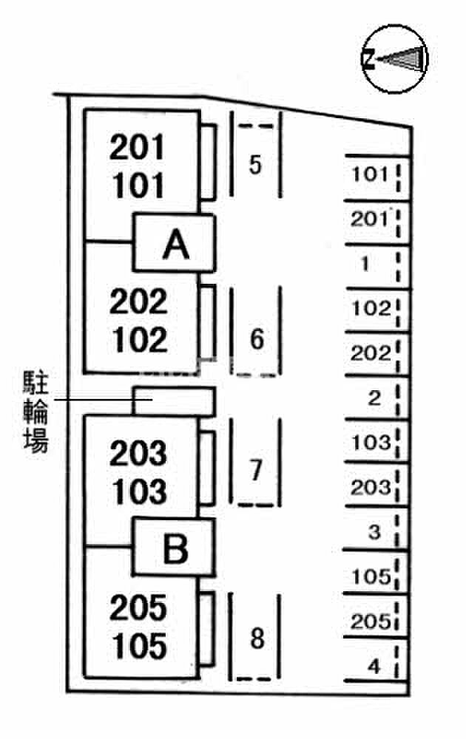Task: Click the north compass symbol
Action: (394, 59)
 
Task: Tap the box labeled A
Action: (174, 243)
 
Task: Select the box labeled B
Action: (174, 548)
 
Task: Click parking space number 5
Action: (256, 154)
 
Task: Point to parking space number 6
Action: (256, 331)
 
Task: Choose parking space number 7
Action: (256, 463)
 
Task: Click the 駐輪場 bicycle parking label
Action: (36, 412)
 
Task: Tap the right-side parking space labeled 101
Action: (376, 177)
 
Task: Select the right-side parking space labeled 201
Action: (376, 222)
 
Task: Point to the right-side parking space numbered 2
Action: (376, 398)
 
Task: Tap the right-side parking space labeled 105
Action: (376, 572)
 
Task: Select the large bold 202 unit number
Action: (138, 302)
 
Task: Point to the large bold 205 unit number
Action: (138, 607)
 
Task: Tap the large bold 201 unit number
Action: (138, 147)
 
